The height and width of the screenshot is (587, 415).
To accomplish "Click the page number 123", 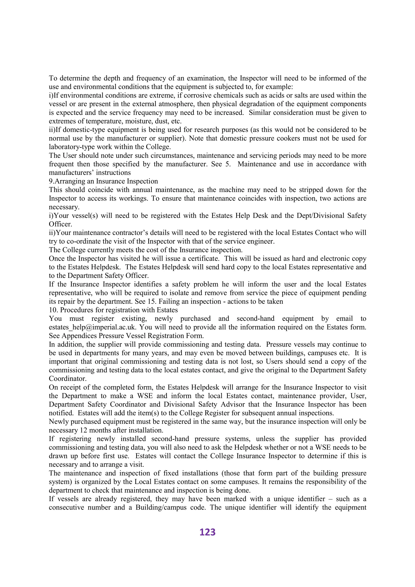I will click(207, 532).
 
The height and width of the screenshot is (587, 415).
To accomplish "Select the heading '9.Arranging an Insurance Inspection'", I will click(103, 181).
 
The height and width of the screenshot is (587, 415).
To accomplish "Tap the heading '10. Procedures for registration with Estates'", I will click(113, 310).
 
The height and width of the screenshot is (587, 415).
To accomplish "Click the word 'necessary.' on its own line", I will click(64, 207).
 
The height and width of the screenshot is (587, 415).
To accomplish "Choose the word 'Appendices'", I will click(78, 335).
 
